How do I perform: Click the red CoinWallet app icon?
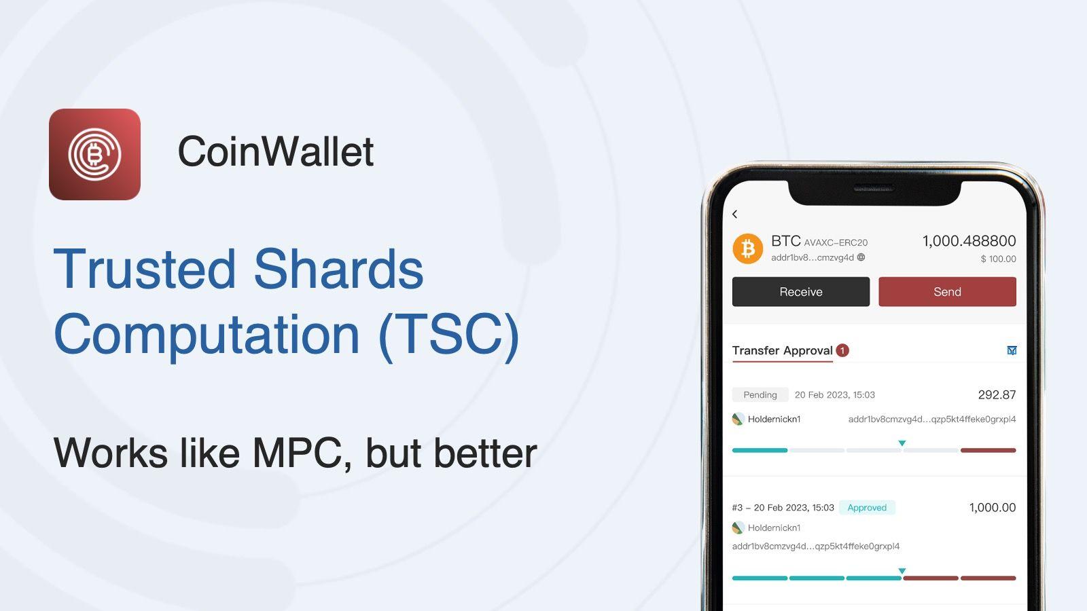(x=94, y=154)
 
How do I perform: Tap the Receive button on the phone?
(x=801, y=291)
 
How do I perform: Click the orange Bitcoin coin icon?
(x=748, y=248)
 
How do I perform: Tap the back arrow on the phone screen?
(x=734, y=214)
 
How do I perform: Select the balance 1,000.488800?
(x=969, y=241)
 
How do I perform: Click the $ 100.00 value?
(x=998, y=259)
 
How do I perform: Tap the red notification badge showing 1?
(x=842, y=350)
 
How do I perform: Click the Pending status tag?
(x=760, y=394)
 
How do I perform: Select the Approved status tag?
(x=867, y=507)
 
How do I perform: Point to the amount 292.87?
(x=997, y=394)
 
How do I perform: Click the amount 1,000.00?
(x=993, y=507)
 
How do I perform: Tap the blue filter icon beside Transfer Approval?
(x=1012, y=350)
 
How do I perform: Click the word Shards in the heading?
(x=338, y=268)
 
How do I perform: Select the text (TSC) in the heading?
(x=449, y=334)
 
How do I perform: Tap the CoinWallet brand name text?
(x=276, y=151)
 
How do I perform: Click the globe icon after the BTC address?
(x=861, y=257)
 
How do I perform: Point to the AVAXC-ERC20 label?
(x=836, y=242)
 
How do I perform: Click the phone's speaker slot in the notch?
(x=874, y=188)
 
